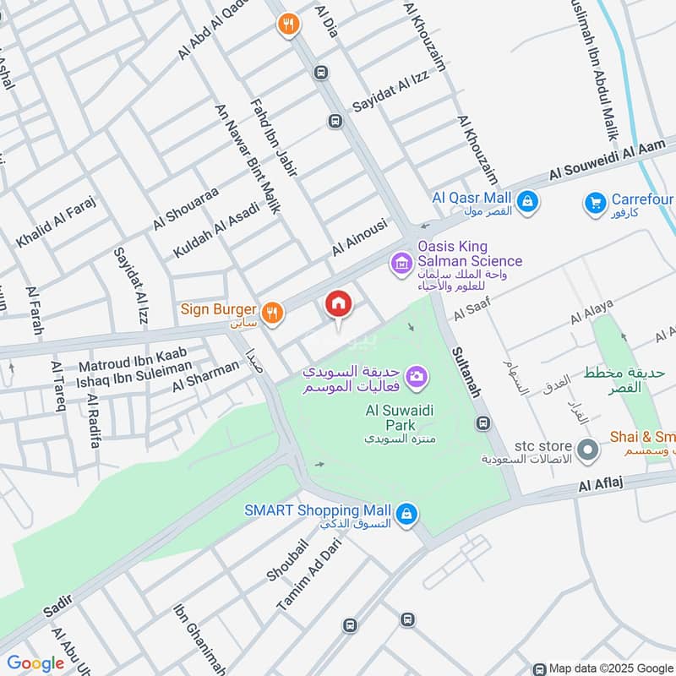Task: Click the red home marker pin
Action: [339, 305]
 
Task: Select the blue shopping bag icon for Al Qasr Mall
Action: [527, 201]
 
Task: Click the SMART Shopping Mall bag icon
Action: [406, 513]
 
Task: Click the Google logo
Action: [35, 663]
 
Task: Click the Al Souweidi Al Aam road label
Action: [608, 160]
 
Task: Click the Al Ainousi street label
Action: [359, 237]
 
